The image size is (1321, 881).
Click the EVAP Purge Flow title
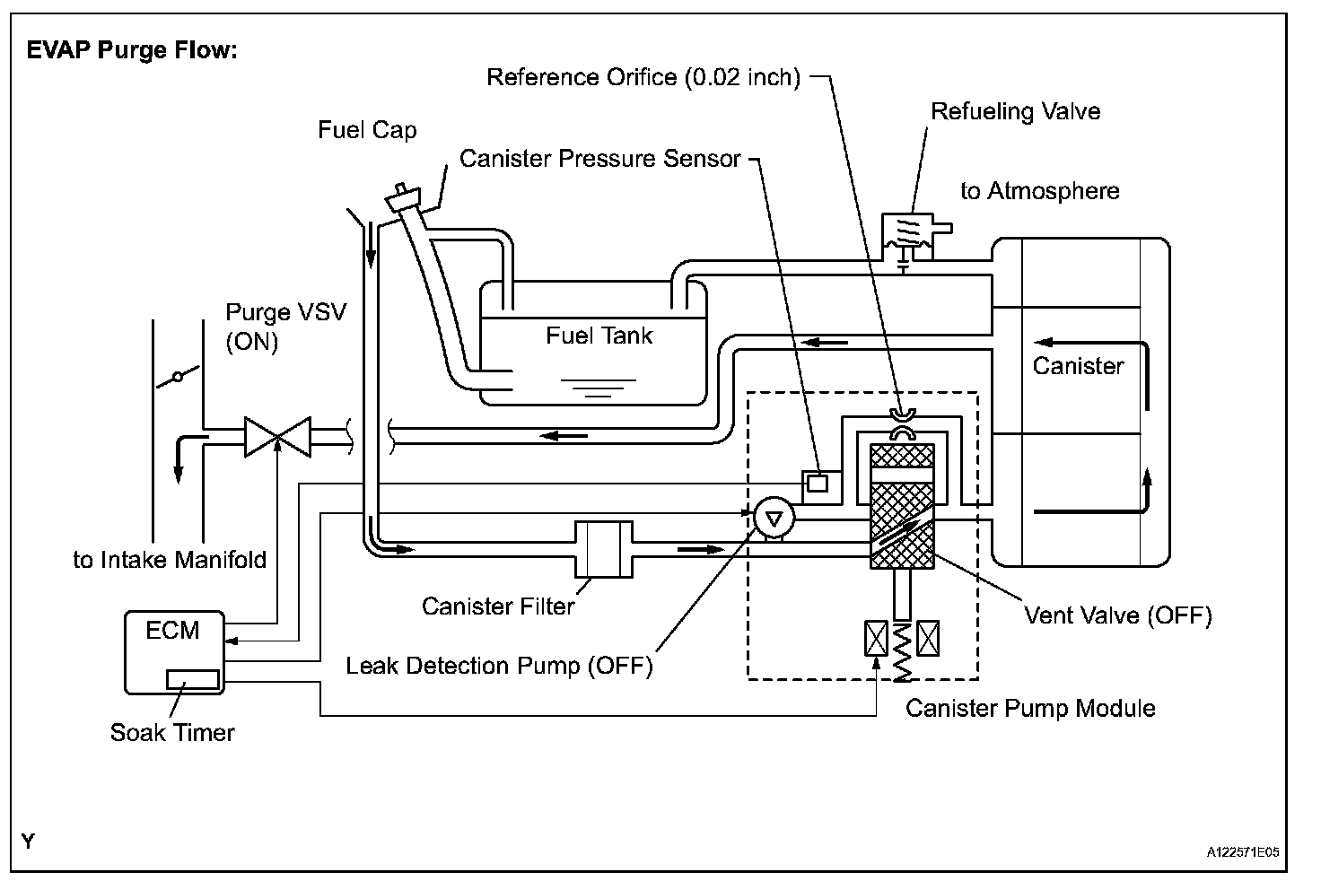click(x=132, y=50)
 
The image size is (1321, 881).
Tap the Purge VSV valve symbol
click(x=278, y=437)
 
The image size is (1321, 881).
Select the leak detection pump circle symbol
click(x=774, y=519)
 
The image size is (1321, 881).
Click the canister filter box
click(x=604, y=549)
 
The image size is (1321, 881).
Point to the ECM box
click(x=175, y=653)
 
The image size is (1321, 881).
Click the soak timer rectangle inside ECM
click(x=193, y=679)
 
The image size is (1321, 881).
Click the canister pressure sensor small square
click(x=818, y=484)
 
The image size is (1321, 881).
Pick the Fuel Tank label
click(x=599, y=336)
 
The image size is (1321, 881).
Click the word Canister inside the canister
click(x=1078, y=366)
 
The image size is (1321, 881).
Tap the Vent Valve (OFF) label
click(x=1118, y=615)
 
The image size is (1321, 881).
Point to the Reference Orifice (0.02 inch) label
click(x=643, y=77)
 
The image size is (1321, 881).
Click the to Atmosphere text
click(x=1040, y=191)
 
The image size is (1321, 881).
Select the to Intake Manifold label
click(x=170, y=560)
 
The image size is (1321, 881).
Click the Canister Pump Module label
click(x=1030, y=708)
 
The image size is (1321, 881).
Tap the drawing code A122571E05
click(x=1243, y=852)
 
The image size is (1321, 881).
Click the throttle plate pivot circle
click(x=178, y=377)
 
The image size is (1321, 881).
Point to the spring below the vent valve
click(x=902, y=652)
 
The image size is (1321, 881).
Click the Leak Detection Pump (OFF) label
click(x=499, y=666)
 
